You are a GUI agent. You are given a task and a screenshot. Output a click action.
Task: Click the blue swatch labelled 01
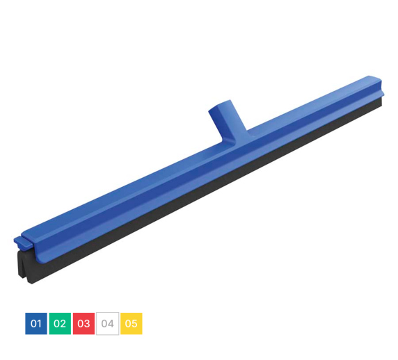click(36, 323)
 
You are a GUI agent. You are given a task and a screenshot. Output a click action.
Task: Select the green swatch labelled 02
click(60, 323)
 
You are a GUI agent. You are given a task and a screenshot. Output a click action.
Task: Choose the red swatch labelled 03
click(83, 323)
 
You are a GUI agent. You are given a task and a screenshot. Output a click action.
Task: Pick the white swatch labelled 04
click(108, 323)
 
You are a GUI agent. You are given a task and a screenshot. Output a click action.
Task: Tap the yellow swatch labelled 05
click(132, 323)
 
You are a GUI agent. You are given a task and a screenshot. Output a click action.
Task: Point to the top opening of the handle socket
click(220, 106)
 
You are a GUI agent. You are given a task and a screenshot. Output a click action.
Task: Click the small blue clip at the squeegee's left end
click(24, 242)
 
